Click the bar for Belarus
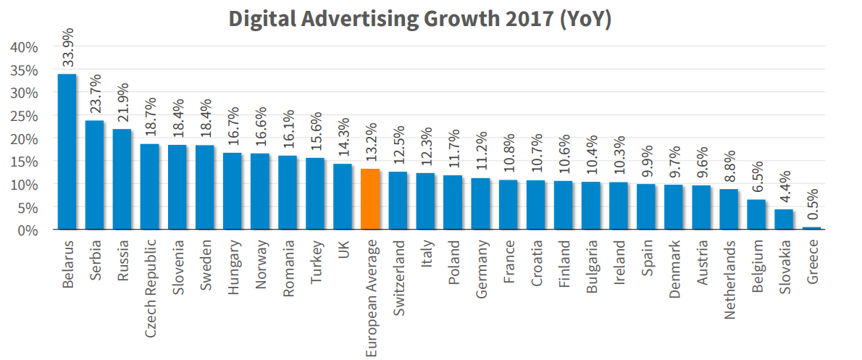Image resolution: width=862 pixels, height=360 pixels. [67, 152]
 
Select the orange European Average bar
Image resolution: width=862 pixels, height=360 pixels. [370, 199]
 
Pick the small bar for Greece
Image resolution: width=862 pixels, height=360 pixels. [812, 228]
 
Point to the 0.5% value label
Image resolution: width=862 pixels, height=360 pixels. [812, 204]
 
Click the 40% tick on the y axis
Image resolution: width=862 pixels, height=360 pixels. [25, 47]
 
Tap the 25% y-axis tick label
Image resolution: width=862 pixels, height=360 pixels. [25, 115]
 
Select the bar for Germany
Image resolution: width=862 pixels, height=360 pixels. [480, 204]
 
